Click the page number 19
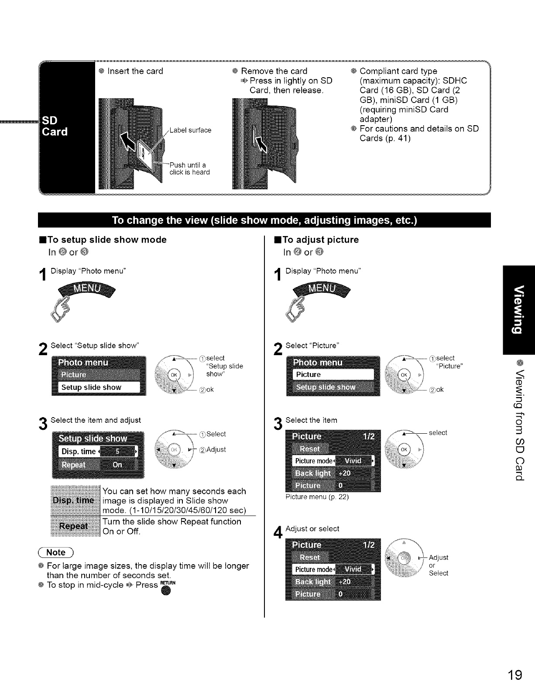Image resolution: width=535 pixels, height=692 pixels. pos(514,675)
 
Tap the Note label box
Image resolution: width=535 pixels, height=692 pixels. pos(56,552)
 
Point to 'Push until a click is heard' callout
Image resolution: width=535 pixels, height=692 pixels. pos(189,168)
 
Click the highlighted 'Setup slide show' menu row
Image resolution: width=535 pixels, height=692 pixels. pos(99,387)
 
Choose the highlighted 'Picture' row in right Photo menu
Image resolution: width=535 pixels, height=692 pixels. pos(333,375)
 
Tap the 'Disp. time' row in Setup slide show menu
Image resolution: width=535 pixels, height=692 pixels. pos(98,452)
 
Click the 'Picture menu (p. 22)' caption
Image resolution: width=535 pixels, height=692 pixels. pos(317,497)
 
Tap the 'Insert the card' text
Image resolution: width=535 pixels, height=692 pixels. pos(135,71)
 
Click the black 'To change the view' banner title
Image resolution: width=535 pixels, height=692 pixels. pos(264,220)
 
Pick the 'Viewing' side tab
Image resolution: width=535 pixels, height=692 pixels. pos(518,309)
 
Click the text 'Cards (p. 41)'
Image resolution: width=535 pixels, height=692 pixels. pos(385,138)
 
